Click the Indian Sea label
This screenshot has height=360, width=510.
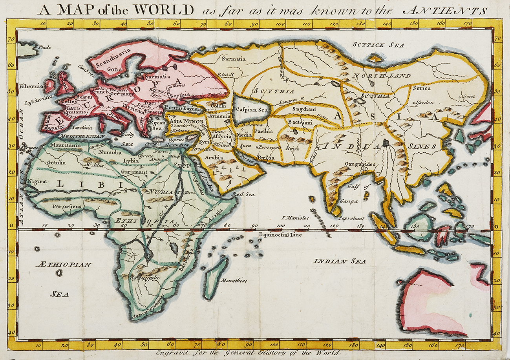point(340,261)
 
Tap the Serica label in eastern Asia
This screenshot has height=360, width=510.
point(422,88)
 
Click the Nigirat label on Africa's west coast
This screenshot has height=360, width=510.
point(37,181)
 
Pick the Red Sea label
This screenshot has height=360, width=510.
point(243,194)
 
